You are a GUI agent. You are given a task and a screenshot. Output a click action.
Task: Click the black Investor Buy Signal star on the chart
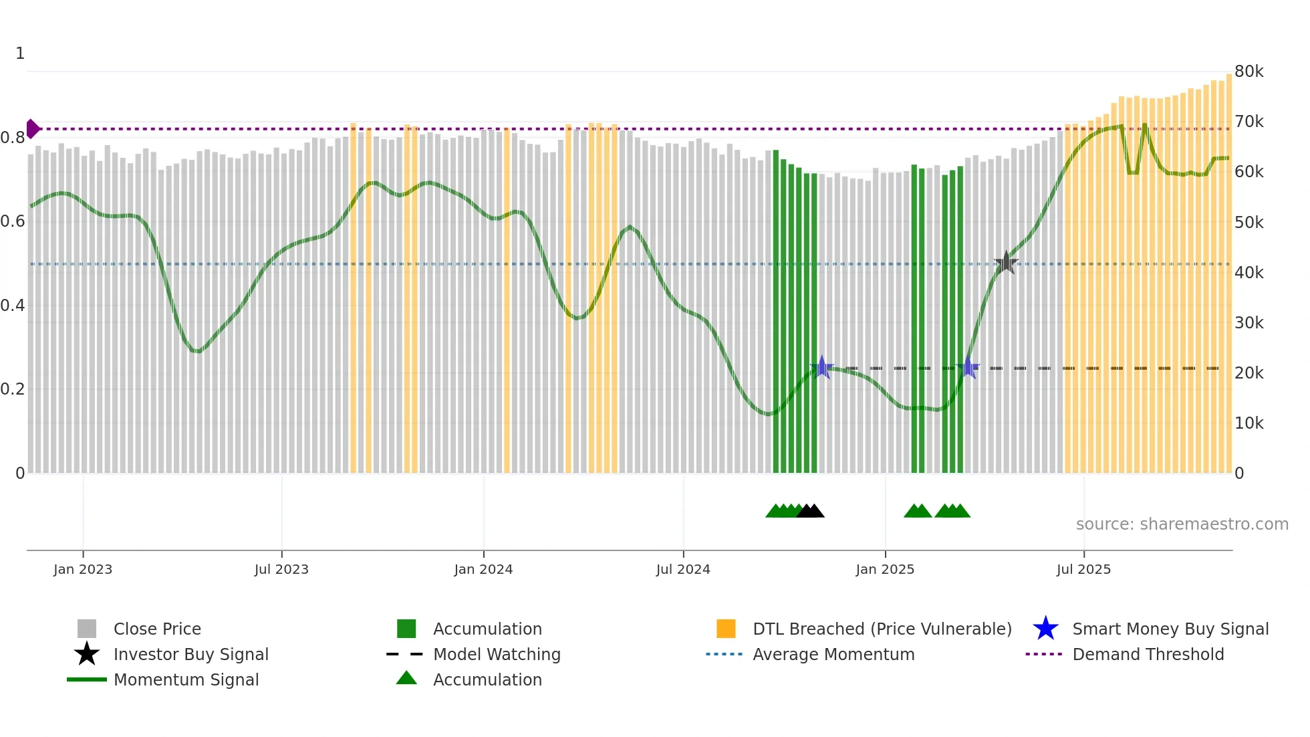(x=1006, y=263)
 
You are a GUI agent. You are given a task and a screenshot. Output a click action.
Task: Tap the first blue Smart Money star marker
(x=822, y=367)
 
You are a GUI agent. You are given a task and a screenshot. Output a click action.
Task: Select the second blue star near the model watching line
(x=968, y=367)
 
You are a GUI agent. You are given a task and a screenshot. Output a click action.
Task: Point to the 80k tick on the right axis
(x=1249, y=72)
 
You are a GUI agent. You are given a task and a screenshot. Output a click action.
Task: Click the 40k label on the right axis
(x=1249, y=273)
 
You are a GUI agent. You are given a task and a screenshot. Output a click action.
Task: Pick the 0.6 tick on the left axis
(x=13, y=221)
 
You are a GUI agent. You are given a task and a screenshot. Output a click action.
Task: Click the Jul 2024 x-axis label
(x=682, y=569)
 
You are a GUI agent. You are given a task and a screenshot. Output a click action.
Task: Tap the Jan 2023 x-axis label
(x=83, y=569)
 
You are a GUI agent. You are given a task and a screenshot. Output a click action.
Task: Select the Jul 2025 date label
(x=1083, y=569)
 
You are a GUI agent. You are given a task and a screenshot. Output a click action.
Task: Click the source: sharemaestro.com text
(x=1182, y=524)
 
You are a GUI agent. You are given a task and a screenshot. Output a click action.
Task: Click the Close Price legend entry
(x=157, y=629)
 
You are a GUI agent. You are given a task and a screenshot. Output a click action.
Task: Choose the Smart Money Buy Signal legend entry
(x=1170, y=629)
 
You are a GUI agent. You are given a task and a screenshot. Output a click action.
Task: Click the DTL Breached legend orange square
(x=726, y=629)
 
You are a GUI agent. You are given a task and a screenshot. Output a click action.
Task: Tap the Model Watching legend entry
(x=496, y=654)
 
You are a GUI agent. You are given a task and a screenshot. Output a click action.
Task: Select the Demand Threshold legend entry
(x=1148, y=654)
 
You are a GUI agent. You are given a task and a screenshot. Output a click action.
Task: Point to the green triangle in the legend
(x=406, y=678)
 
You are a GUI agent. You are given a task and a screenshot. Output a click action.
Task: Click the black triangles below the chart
(x=811, y=511)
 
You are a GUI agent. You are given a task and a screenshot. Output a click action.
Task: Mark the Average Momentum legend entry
(x=833, y=654)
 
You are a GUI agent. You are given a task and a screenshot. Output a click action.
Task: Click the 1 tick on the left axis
(x=20, y=54)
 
